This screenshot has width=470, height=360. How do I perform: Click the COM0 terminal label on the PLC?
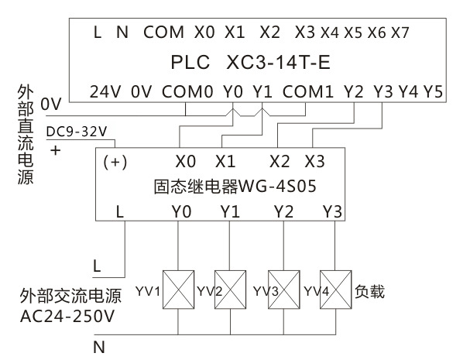(187, 91)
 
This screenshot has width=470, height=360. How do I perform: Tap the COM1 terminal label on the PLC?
(308, 91)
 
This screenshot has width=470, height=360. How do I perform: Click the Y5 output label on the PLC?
(434, 91)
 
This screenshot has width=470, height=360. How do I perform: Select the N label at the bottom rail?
(98, 347)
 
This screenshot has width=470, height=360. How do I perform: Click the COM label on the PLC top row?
(163, 33)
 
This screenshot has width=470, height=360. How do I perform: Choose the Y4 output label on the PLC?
(407, 91)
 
